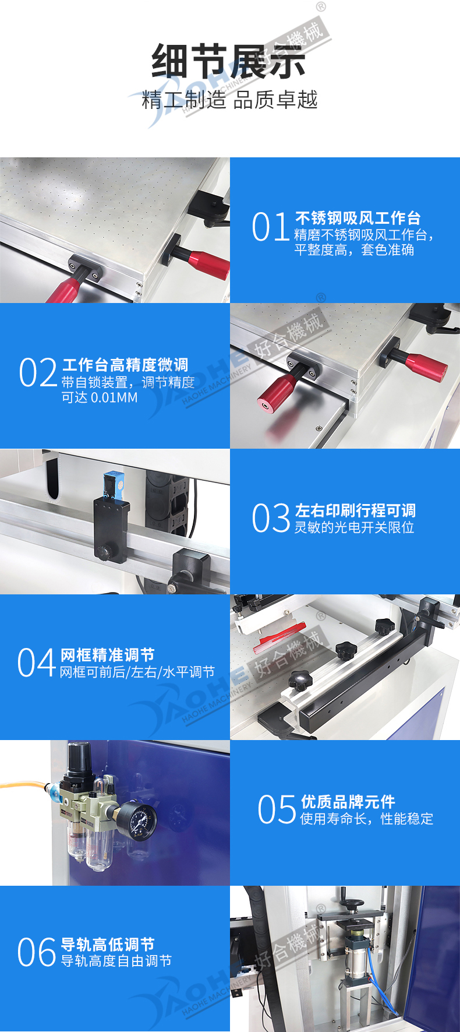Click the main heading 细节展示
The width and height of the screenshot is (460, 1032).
pyautogui.click(x=229, y=61)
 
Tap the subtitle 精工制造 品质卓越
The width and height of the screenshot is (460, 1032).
pyautogui.click(x=229, y=100)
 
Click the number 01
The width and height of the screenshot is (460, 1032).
pyautogui.click(x=271, y=227)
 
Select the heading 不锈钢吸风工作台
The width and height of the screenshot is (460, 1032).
pyautogui.click(x=358, y=218)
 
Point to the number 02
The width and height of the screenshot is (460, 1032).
pyautogui.click(x=38, y=373)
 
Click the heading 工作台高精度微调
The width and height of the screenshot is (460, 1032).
pyautogui.click(x=125, y=365)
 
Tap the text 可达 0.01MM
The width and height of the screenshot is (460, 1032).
pyautogui.click(x=100, y=397)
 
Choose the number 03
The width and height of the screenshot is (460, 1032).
pyautogui.click(x=271, y=519)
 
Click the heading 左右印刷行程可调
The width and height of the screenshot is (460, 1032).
pyautogui.click(x=356, y=510)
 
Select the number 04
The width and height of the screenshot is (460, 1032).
pyautogui.click(x=37, y=664)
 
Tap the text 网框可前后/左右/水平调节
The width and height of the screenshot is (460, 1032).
pyautogui.click(x=137, y=672)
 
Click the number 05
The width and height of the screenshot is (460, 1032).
pyautogui.click(x=277, y=810)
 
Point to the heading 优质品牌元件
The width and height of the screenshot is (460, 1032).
pyautogui.click(x=348, y=802)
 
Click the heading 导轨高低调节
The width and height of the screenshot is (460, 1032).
pyautogui.click(x=108, y=944)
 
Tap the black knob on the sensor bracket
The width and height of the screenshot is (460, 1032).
pyautogui.click(x=105, y=551)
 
